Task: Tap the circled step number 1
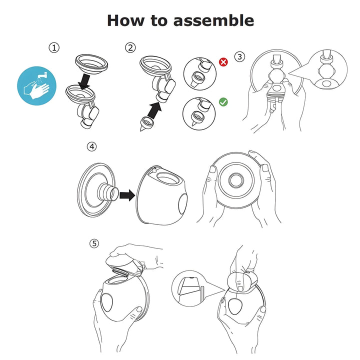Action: click(x=54, y=48)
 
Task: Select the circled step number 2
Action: click(x=130, y=48)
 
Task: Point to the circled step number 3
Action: click(x=240, y=56)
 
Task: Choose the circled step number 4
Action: click(x=91, y=147)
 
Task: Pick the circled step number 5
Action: click(x=94, y=244)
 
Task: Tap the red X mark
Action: click(x=223, y=62)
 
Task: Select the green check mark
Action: click(x=223, y=102)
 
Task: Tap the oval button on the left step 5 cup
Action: click(x=108, y=301)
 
